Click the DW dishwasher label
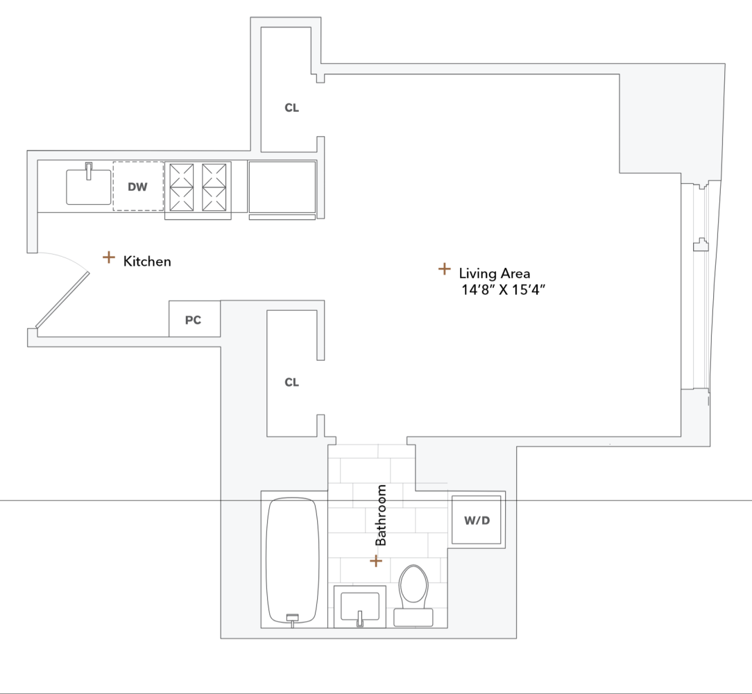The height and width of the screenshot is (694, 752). point(138,187)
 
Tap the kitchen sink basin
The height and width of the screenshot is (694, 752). point(88,187)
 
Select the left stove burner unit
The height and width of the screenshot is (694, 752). point(181,187)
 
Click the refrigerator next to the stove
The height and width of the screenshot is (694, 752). point(282,187)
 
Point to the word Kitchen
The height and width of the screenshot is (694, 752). point(147,262)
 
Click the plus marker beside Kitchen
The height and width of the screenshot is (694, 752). point(109,257)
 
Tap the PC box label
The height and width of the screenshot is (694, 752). point(193,320)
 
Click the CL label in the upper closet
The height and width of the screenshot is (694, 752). point(292,108)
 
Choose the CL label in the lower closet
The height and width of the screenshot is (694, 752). point(292,382)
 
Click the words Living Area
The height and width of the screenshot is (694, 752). point(494,273)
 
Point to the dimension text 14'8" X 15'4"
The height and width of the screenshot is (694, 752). point(504,290)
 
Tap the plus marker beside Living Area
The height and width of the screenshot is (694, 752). point(444,269)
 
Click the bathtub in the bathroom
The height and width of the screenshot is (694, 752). point(293,559)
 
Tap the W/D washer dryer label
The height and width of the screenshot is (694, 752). point(477,520)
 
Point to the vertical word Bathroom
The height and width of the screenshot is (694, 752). point(381,516)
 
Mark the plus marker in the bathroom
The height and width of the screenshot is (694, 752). point(376,560)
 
